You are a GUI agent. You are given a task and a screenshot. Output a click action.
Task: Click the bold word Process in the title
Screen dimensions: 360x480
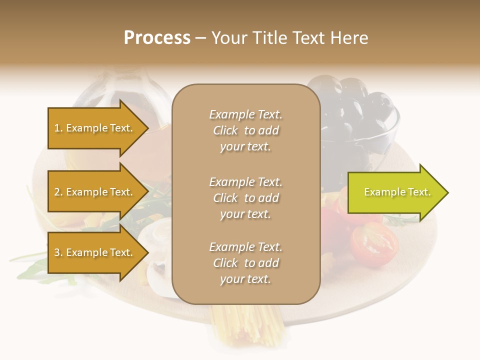[x=157, y=38]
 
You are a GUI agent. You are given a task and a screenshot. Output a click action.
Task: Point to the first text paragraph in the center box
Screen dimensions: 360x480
[x=245, y=130]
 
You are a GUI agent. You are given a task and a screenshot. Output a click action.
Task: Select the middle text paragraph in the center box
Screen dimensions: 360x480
[x=245, y=198]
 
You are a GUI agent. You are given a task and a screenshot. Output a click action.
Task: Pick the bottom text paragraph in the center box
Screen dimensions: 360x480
[x=245, y=263]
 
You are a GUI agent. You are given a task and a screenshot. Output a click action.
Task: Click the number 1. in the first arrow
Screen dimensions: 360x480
[x=58, y=128]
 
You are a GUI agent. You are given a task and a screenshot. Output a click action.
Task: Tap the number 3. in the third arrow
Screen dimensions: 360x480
[x=58, y=252]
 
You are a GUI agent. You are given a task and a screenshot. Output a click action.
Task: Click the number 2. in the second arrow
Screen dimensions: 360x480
[x=58, y=192]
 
